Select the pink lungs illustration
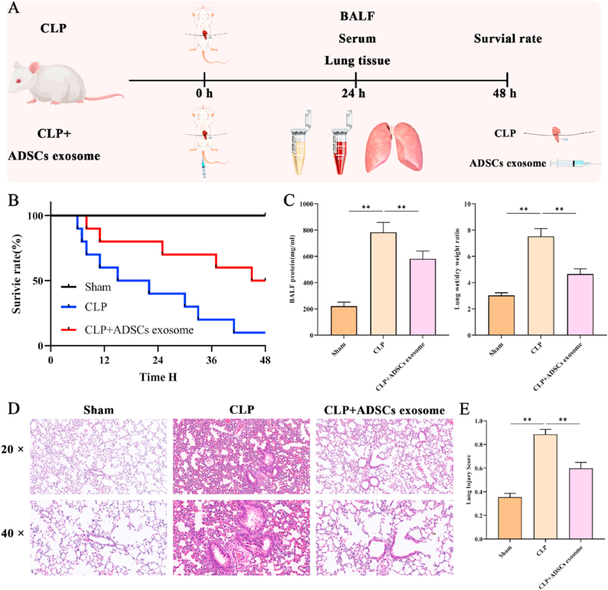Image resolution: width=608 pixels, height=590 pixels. (392, 145)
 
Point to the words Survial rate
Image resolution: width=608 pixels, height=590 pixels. (506, 39)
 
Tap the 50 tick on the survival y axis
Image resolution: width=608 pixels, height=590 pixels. (36, 281)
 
